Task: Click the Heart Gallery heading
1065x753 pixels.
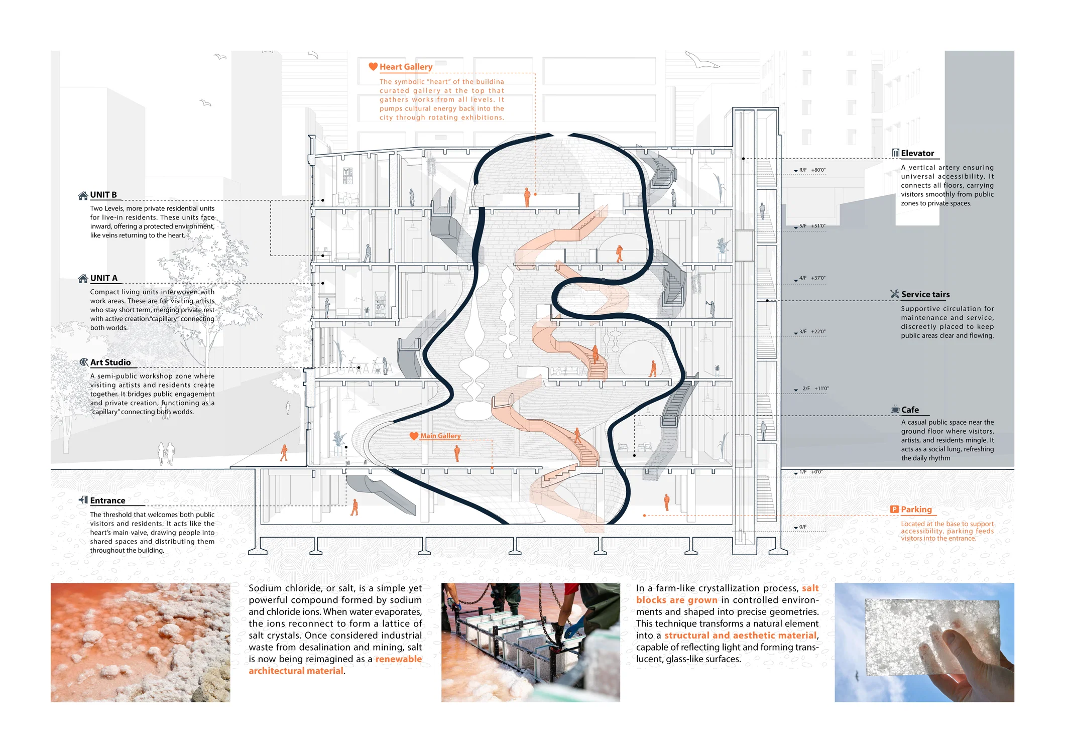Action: tap(406, 67)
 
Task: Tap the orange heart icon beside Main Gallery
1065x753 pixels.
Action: tap(414, 436)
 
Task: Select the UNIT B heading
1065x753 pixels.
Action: tap(103, 195)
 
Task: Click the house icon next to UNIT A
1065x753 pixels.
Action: tap(83, 278)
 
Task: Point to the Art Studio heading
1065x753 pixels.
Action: tap(110, 362)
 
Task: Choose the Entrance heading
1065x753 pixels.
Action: tap(108, 500)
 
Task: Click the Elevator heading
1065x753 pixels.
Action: tap(917, 154)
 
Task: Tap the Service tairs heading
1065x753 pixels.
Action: tap(925, 295)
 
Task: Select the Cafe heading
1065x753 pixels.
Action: tap(910, 410)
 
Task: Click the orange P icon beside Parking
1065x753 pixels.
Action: tap(894, 509)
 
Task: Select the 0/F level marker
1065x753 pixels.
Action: tap(800, 527)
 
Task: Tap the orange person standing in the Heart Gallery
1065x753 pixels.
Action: tap(527, 197)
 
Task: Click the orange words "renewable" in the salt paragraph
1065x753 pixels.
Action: tap(399, 659)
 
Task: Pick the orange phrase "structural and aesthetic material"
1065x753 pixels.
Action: tap(741, 636)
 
